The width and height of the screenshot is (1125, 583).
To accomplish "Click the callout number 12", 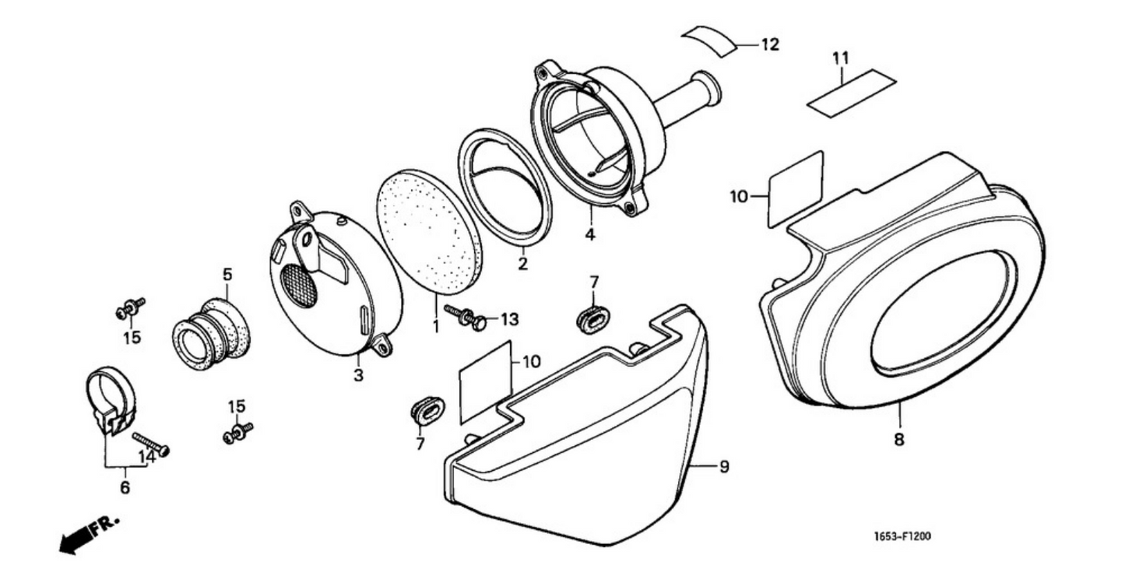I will [x=769, y=45].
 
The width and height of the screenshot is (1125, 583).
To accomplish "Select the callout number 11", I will [x=840, y=58].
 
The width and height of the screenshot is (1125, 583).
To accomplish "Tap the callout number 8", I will [x=899, y=440].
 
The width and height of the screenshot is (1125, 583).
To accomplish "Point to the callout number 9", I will [x=723, y=466].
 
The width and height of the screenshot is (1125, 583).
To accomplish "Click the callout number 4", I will [x=590, y=234].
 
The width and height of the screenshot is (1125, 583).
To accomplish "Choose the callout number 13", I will [x=509, y=319].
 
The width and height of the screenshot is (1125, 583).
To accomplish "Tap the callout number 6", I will [x=125, y=488].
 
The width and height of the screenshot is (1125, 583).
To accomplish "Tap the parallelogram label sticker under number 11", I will [x=850, y=93].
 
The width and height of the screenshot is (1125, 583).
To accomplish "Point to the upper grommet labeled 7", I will [x=594, y=319].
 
